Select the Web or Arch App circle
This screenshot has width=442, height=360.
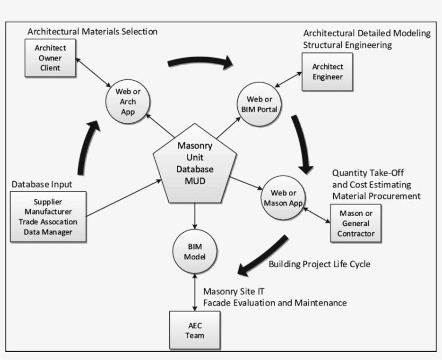128,101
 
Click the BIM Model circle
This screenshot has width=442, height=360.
195,251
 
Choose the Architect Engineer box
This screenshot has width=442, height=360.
328,72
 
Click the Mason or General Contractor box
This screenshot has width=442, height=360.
355,223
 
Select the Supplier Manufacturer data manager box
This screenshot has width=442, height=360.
48,217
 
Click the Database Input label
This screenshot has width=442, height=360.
42,184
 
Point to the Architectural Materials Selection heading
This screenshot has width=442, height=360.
92,31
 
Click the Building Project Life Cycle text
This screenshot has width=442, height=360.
319,264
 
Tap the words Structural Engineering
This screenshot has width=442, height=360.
347,45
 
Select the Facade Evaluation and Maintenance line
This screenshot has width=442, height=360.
274,303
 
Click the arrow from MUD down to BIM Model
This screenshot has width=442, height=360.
195,218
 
